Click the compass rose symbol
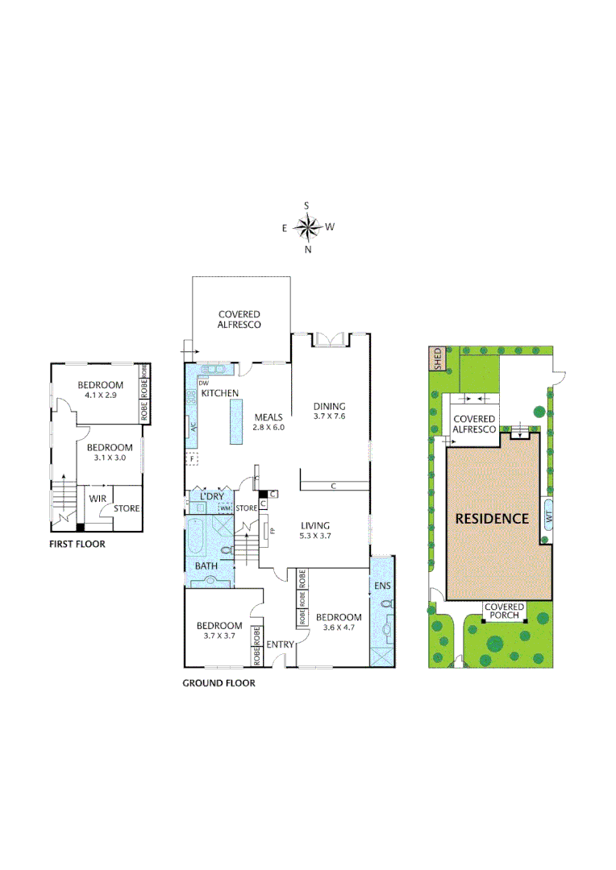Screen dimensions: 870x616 pyautogui.click(x=307, y=227)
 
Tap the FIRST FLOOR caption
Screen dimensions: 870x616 pyautogui.click(x=77, y=544)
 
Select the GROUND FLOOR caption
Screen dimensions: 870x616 pyautogui.click(x=219, y=683)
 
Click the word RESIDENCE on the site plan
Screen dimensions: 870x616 pyautogui.click(x=492, y=519)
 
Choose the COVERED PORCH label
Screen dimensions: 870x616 pyautogui.click(x=504, y=611)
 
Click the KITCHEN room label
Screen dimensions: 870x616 pyautogui.click(x=220, y=393)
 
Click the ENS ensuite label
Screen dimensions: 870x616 pyautogui.click(x=382, y=584)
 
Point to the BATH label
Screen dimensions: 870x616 pyautogui.click(x=206, y=566)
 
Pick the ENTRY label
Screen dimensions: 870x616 pyautogui.click(x=280, y=644)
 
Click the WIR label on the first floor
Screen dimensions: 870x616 pyautogui.click(x=98, y=499)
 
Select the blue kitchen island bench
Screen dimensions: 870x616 pyautogui.click(x=236, y=422)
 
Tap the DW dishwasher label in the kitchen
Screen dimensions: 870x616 pyautogui.click(x=203, y=382)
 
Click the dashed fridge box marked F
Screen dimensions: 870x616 pyautogui.click(x=192, y=458)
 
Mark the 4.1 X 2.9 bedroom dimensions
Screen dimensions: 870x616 pyautogui.click(x=100, y=396)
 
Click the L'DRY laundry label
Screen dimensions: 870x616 pyautogui.click(x=211, y=496)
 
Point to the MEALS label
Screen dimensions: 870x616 pyautogui.click(x=268, y=417)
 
